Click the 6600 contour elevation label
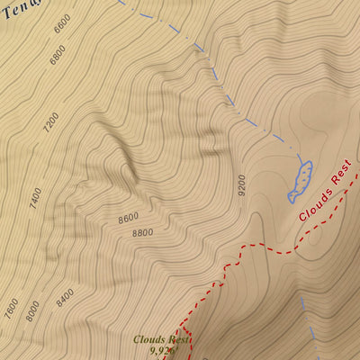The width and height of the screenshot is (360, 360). (x=61, y=25)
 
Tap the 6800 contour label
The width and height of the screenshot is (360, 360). (x=58, y=55)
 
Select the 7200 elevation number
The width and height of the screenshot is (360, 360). (x=50, y=123)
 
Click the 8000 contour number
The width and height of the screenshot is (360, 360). (x=33, y=310)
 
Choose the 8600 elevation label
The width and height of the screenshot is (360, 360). (x=128, y=218)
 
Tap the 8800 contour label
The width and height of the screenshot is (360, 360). (x=142, y=233)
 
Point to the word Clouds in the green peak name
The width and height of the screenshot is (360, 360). (x=150, y=339)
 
